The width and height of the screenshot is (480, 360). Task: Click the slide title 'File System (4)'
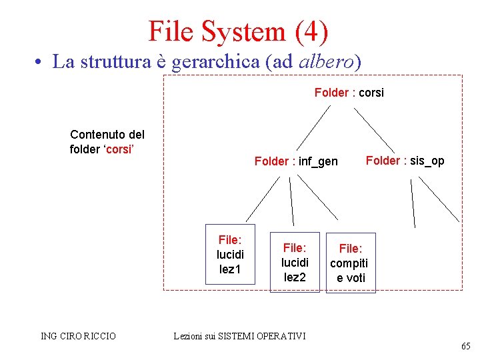(238, 31)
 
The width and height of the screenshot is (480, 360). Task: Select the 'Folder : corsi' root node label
(349, 93)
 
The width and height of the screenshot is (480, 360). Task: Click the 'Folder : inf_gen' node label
(296, 161)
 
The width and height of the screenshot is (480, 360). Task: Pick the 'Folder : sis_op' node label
(405, 161)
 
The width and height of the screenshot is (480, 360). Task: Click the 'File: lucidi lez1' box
(230, 255)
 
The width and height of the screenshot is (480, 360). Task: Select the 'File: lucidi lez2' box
(295, 262)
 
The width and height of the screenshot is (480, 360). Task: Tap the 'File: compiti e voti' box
(351, 263)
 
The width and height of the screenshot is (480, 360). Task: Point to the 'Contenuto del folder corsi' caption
(107, 142)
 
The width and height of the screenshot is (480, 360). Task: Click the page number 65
(465, 347)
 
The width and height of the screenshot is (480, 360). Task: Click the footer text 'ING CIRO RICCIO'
(78, 336)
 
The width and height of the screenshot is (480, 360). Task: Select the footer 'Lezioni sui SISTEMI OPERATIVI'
(239, 336)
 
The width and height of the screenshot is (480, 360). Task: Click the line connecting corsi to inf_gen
(313, 128)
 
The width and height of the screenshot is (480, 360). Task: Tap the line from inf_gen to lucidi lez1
(262, 199)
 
